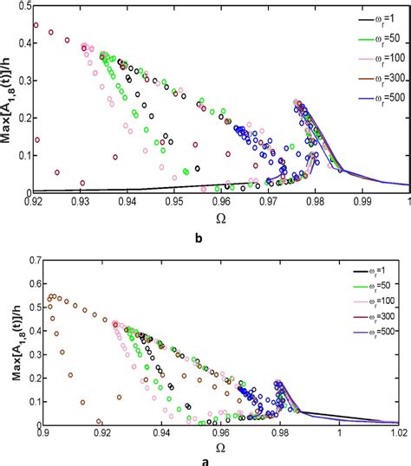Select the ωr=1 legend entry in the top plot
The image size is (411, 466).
(377, 19)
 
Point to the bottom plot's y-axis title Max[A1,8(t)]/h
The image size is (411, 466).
(8, 341)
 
